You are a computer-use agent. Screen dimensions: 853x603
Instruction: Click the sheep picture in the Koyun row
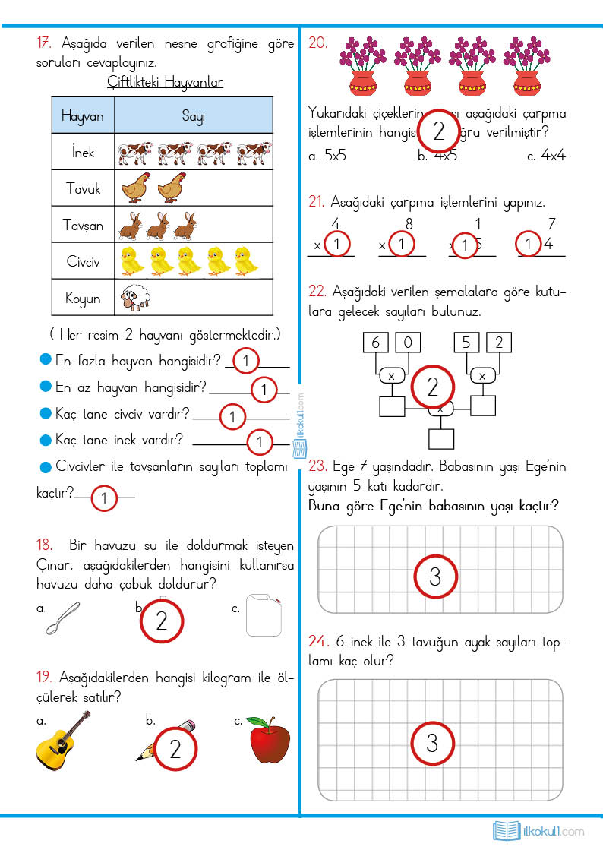[136, 298]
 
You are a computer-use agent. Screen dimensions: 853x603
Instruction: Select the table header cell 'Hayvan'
[82, 116]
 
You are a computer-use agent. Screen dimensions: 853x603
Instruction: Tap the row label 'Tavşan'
[82, 225]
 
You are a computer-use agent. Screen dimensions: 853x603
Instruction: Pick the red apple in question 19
[269, 739]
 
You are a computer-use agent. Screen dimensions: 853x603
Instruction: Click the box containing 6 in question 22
[375, 343]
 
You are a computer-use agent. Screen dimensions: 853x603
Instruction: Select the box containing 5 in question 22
[466, 343]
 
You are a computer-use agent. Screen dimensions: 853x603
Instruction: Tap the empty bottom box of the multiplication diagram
[440, 439]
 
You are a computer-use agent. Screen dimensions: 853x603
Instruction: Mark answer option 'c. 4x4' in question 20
[546, 156]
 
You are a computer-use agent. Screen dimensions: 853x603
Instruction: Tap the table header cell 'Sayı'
[192, 116]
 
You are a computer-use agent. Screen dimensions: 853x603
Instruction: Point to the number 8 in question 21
[409, 224]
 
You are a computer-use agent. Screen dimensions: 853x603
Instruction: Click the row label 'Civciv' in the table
[82, 262]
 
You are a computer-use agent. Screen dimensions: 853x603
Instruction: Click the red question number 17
[45, 43]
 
